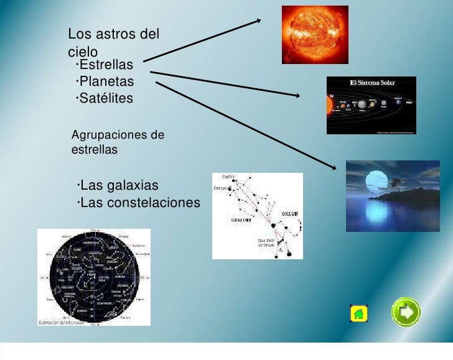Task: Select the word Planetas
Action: point(106,81)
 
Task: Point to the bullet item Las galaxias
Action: point(119,186)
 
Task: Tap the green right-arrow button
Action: point(406,312)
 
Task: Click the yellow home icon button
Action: point(358,313)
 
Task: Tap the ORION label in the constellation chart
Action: point(290,213)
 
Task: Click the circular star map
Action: point(94,277)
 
